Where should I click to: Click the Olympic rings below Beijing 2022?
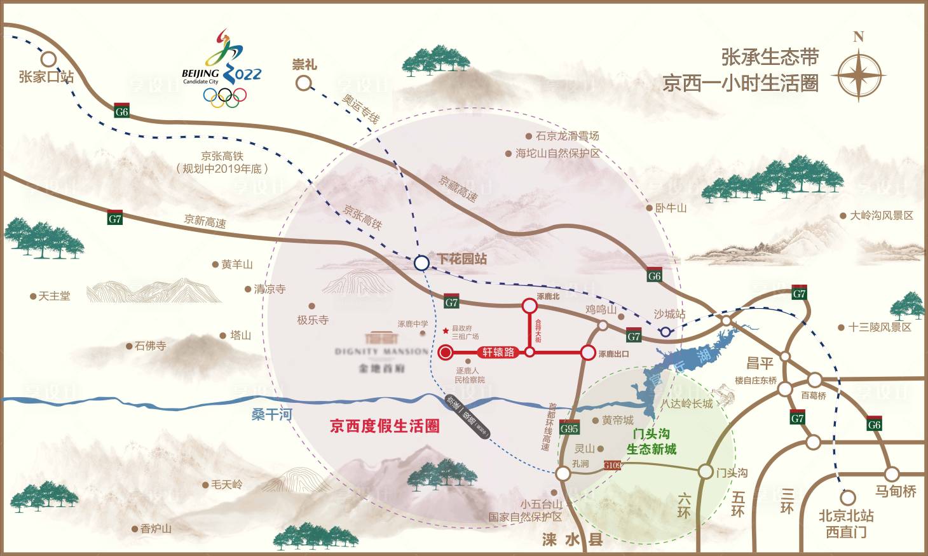tap(224, 97)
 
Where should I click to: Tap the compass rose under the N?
tap(858, 76)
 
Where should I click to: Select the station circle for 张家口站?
tap(48, 58)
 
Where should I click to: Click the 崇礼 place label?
tap(304, 65)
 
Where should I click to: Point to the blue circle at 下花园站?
tap(421, 262)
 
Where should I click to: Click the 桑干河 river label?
tap(272, 415)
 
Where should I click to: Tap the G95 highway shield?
tap(570, 428)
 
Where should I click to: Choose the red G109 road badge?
tap(612, 466)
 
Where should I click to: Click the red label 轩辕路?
tap(498, 352)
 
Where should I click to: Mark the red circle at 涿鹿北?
tap(529, 306)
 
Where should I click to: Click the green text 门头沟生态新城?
tap(652, 442)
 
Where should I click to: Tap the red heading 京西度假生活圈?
tap(385, 426)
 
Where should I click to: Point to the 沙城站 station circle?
tap(665, 332)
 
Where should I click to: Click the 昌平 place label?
tap(760, 363)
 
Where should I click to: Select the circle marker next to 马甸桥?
tap(892, 473)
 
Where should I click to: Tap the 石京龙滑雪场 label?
tap(567, 136)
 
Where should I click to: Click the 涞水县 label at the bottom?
tap(572, 540)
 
